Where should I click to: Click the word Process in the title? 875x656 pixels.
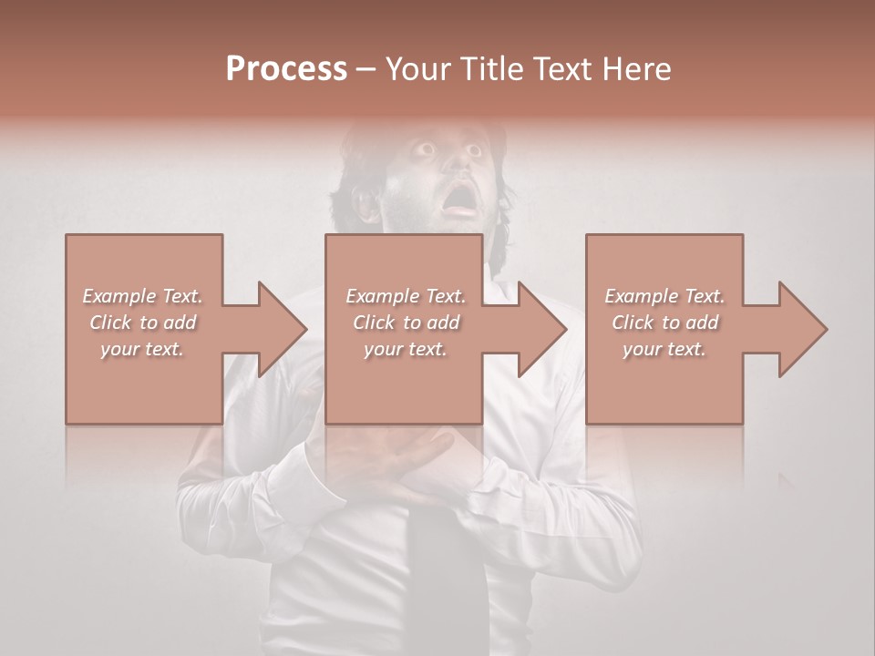tap(286, 68)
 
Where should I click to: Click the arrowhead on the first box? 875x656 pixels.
tap(282, 329)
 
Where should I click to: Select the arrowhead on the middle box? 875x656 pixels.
tap(541, 329)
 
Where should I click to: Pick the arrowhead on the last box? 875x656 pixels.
tap(802, 329)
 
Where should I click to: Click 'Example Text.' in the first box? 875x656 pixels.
tap(143, 296)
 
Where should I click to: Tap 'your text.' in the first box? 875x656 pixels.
tap(143, 349)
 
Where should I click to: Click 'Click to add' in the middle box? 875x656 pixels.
tap(406, 323)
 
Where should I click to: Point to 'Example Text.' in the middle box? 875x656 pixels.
tap(406, 296)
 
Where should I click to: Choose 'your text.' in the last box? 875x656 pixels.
tap(664, 349)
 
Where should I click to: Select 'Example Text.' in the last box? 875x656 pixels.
tap(664, 296)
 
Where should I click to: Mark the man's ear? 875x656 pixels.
tap(365, 205)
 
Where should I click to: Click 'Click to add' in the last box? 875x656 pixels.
tap(664, 323)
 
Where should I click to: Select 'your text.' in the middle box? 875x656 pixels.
tap(406, 349)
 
